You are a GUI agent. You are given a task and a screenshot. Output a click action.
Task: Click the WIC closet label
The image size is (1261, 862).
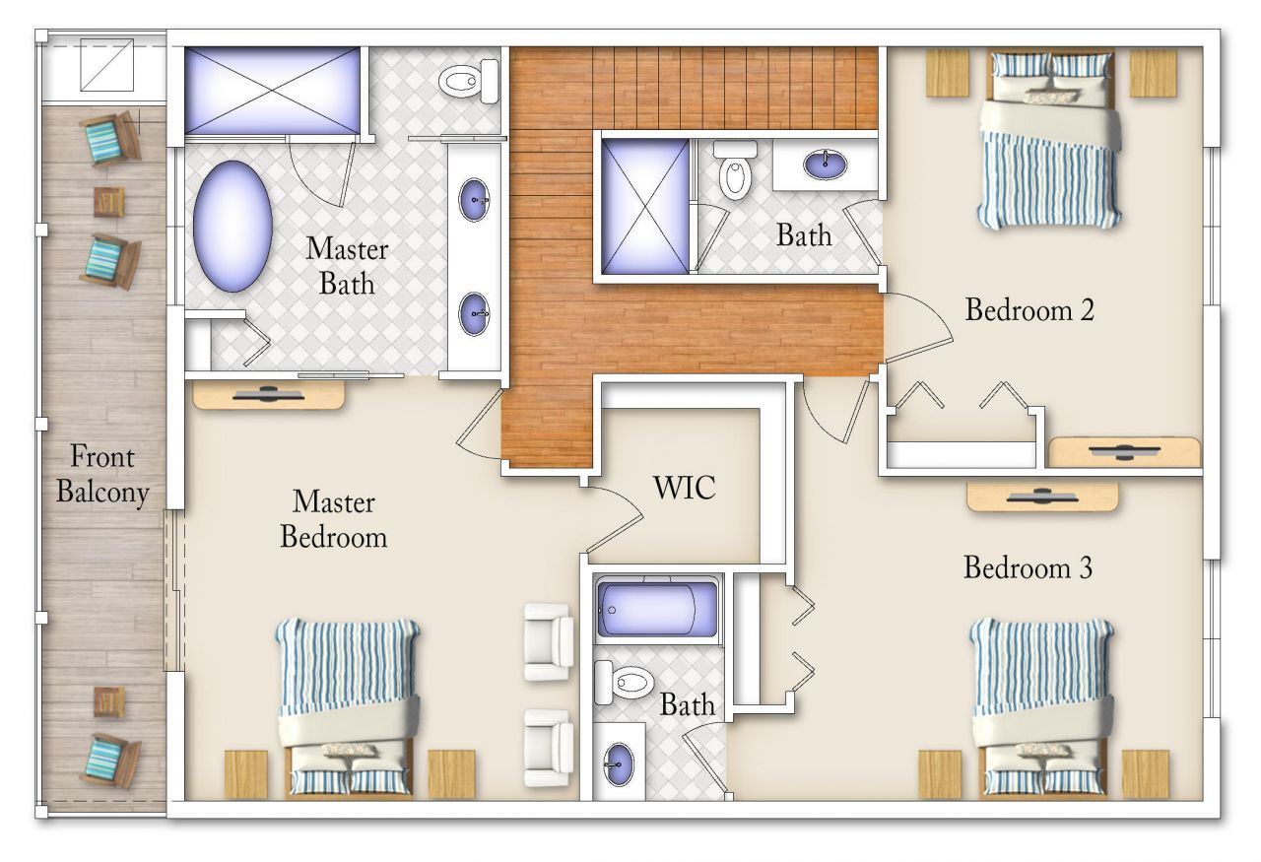point(684,487)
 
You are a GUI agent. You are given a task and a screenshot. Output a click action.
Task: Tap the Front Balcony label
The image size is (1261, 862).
point(101,474)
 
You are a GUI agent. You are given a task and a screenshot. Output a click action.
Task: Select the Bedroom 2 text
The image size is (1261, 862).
point(1029,310)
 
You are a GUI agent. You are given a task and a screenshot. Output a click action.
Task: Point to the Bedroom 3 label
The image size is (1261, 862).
point(1028,568)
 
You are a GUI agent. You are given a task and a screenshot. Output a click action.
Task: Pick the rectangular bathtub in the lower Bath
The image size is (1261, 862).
point(657,611)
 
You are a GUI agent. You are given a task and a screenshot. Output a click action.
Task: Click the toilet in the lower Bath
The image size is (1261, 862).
point(625,681)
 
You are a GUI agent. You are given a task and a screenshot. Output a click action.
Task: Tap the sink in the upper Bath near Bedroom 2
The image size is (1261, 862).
point(825,163)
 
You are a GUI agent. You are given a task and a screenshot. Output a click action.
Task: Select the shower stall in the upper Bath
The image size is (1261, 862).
point(645,205)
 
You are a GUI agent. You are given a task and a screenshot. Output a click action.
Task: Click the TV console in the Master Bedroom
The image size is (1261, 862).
point(268,395)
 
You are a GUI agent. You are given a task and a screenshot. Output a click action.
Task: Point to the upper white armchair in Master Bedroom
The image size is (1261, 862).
point(548,641)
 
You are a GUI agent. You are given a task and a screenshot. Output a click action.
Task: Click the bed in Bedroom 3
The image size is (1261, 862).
point(1041,704)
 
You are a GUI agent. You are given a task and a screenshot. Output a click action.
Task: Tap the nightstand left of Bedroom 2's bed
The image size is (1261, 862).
point(948,73)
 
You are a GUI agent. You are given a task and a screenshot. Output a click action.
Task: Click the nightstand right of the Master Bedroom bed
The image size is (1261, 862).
point(451,773)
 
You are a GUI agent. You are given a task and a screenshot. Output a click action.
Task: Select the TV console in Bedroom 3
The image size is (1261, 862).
point(1042,497)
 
